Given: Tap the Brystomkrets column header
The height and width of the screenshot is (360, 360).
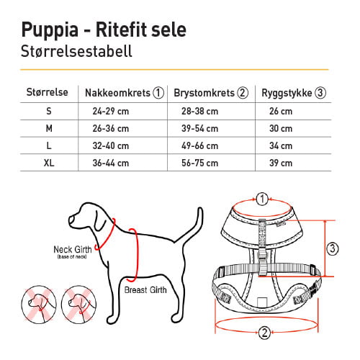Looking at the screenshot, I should [211, 93].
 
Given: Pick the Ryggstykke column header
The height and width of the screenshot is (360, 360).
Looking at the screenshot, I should [295, 93].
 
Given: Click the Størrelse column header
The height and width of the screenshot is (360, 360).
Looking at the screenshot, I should [48, 93].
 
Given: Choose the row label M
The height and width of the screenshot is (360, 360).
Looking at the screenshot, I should [48, 129].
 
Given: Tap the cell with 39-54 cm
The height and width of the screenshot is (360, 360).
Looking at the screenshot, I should [201, 129].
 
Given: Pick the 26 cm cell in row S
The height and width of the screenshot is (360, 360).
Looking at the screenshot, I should [281, 111].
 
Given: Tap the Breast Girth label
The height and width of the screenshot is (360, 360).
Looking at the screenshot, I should [147, 291].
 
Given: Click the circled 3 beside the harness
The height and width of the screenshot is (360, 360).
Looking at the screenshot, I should [332, 248].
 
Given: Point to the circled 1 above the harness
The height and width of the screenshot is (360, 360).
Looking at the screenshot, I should [263, 199].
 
